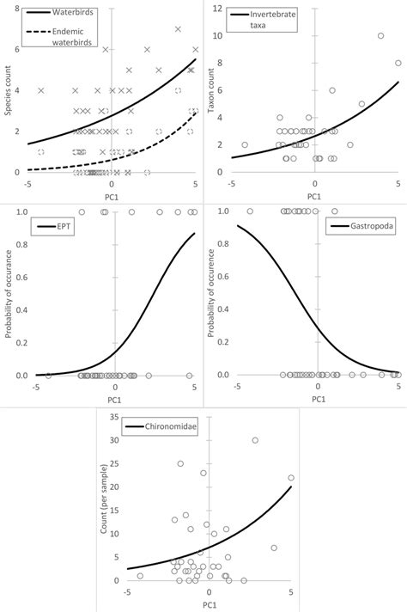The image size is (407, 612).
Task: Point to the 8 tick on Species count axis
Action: coord(18,9)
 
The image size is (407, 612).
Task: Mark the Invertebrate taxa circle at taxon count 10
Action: coord(380,36)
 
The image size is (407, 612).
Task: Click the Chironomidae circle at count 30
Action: coord(255,440)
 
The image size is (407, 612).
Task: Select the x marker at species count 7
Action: coord(179,29)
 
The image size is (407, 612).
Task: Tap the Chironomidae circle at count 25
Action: coord(180,463)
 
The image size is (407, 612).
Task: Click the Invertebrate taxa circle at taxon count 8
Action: coord(398,63)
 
